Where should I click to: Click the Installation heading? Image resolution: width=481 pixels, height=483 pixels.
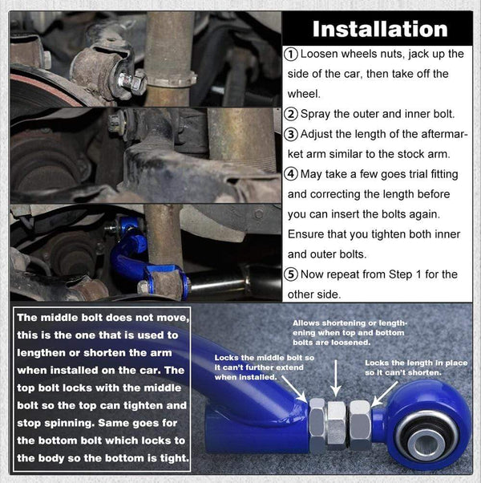(x=379, y=30)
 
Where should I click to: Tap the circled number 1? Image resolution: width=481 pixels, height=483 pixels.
(x=291, y=54)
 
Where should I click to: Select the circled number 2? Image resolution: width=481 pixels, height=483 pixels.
(x=291, y=114)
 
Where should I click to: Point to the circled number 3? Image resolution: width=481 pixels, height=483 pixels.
(x=291, y=134)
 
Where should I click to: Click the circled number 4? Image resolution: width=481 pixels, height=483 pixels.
(x=291, y=174)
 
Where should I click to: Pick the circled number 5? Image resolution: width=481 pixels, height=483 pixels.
(x=291, y=274)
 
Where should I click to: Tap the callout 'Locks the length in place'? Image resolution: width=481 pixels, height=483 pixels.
(x=415, y=368)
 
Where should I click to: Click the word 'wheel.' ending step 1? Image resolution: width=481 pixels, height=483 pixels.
(x=303, y=94)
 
